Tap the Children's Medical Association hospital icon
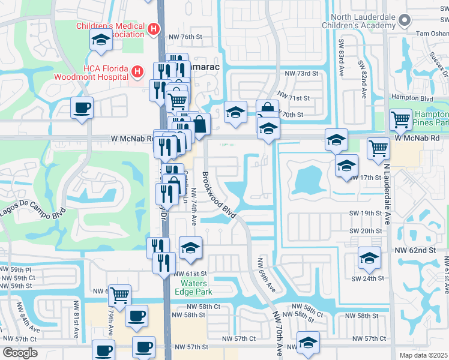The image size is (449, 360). click(154, 29)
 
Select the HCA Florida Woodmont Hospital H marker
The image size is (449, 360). click(137, 72)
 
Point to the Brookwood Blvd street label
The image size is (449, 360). click(217, 190)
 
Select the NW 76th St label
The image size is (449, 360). click(184, 37)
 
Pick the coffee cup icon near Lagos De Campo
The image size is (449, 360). click(82, 109)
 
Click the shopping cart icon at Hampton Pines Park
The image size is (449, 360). click(400, 119)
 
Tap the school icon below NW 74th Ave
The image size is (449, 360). click(190, 248)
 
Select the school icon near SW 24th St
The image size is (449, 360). click(369, 259)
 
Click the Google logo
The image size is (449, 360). click(20, 353)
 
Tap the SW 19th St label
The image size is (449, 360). click(366, 213)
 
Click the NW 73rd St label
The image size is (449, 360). click(301, 73)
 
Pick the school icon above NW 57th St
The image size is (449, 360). click(308, 343)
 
